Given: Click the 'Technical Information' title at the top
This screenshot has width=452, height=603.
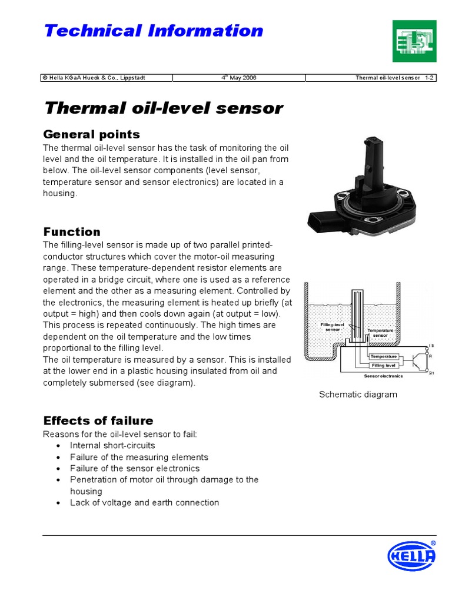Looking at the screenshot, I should coord(154,31).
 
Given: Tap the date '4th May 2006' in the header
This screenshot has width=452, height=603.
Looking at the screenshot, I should coord(238,78).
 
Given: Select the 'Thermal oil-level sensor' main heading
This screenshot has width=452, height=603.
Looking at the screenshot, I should coord(164,108).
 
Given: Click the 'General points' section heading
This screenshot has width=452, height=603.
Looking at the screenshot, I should coord(92,134).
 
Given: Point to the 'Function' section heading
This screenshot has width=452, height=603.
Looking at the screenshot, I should coord(72,231).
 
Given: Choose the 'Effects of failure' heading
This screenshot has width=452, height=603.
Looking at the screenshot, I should coord(98,420).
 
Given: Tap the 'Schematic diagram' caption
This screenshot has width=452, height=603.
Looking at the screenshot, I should coord(358,395).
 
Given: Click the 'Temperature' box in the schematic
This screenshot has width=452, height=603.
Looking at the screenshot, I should coord(383,356).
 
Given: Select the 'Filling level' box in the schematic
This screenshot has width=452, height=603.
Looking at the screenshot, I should coord(383,366).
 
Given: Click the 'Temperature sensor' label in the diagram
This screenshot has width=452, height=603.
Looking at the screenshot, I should coord(380,333).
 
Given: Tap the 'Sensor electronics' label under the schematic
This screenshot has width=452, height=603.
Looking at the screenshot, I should coord(380,375).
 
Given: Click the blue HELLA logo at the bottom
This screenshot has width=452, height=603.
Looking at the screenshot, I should coord(412,556).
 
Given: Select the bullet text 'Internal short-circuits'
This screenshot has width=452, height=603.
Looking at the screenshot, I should coord(112,446).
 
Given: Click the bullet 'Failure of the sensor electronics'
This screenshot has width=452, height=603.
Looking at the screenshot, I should coord(135,469).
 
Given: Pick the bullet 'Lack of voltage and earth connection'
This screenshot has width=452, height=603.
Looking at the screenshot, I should coord(144,503).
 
